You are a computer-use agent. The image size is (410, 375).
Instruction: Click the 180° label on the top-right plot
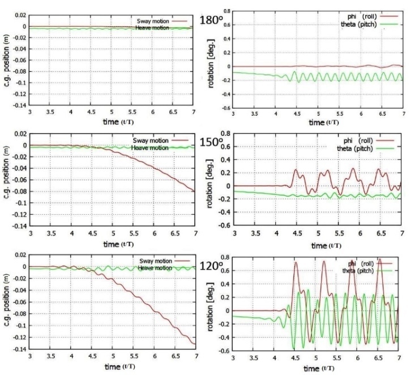pos(213,20)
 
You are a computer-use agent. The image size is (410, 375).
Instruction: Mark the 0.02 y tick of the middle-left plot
pos(19,134)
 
